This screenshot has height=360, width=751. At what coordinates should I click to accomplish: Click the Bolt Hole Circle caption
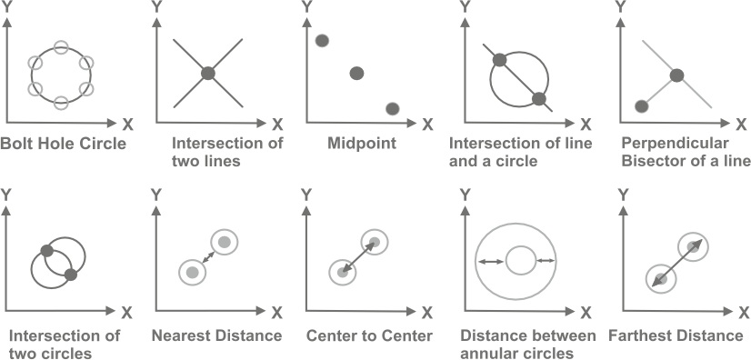64,143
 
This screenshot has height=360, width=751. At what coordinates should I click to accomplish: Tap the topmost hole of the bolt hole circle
61,46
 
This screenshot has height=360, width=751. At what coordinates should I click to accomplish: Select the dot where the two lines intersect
207,73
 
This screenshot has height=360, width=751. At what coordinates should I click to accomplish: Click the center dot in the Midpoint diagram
356,73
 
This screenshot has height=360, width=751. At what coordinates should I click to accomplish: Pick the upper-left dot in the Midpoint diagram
321,41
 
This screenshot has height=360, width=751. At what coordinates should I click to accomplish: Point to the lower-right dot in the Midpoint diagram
393,108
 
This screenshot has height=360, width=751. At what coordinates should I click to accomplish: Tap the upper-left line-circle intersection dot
498,62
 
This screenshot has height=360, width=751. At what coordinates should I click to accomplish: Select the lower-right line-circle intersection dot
539,98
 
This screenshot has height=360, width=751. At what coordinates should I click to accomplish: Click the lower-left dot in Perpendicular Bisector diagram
642,107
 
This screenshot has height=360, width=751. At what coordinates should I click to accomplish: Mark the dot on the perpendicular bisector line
676,75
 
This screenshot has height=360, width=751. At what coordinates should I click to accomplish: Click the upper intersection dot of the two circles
49,251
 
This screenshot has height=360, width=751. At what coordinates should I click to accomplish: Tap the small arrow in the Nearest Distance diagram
207,257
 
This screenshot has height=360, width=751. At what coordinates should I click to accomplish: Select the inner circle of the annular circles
520,262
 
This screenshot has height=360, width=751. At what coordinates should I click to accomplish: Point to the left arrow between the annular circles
492,262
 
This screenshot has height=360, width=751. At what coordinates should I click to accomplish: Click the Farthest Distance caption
676,335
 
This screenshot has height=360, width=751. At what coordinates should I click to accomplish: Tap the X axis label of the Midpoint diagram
429,122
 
